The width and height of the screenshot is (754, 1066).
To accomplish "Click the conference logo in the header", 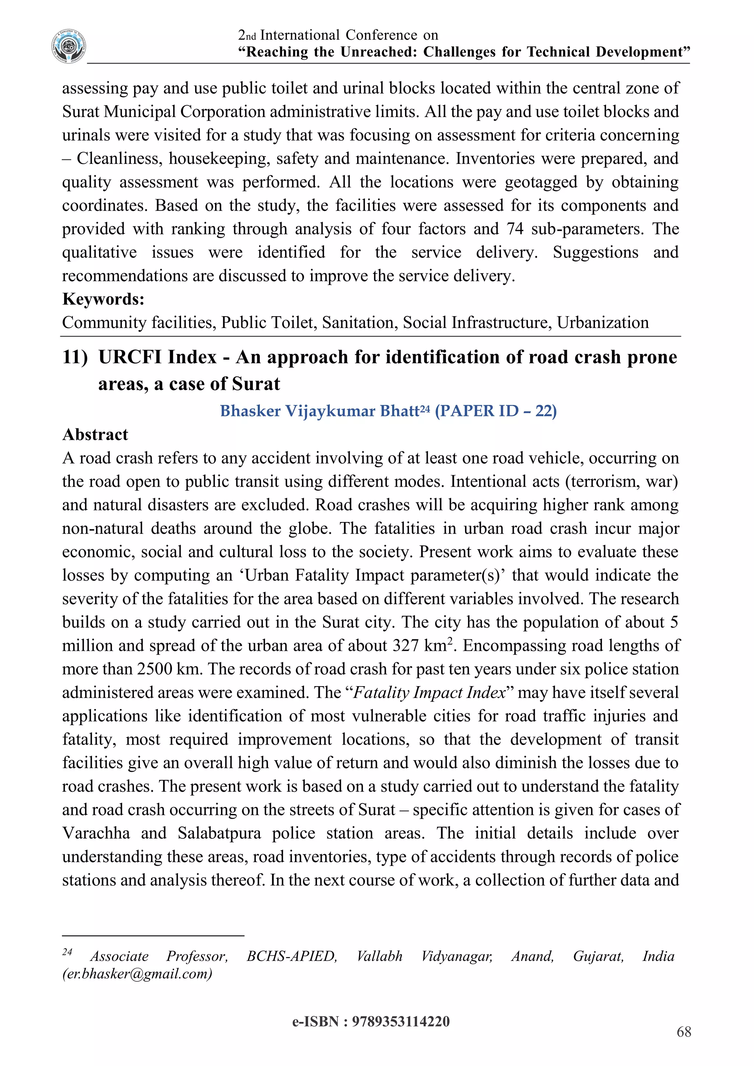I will pyautogui.click(x=69, y=46).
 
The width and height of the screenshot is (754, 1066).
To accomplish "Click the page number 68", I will pyautogui.click(x=684, y=1032).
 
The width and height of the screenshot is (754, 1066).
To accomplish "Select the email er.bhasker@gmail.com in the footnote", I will pyautogui.click(x=137, y=974).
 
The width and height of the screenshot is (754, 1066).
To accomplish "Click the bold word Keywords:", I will pyautogui.click(x=103, y=299).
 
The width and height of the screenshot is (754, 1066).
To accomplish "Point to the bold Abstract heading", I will pyautogui.click(x=95, y=435).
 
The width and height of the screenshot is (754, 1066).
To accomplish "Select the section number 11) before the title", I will pyautogui.click(x=75, y=357).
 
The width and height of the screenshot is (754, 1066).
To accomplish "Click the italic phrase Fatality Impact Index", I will pyautogui.click(x=429, y=693).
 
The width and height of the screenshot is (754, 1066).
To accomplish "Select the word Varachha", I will pyautogui.click(x=96, y=833).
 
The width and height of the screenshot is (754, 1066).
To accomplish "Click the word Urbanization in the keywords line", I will pyautogui.click(x=603, y=323).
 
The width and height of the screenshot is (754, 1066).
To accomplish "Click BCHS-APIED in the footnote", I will pyautogui.click(x=292, y=956).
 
